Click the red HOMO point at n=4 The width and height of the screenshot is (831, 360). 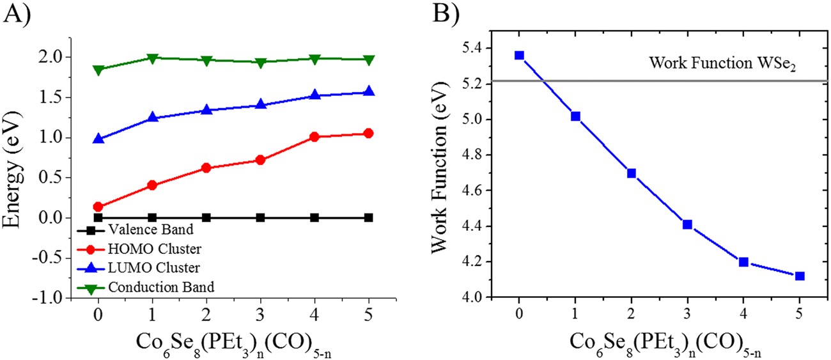[314, 137]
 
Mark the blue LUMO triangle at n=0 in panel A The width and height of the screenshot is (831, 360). [98, 139]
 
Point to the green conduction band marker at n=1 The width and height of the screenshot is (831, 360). [152, 58]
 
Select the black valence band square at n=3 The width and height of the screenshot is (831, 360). [260, 217]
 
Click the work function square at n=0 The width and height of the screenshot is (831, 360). [520, 56]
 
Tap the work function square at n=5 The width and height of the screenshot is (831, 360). [800, 276]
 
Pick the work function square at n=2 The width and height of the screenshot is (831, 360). [632, 173]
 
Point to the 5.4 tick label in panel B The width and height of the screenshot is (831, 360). [471, 49]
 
